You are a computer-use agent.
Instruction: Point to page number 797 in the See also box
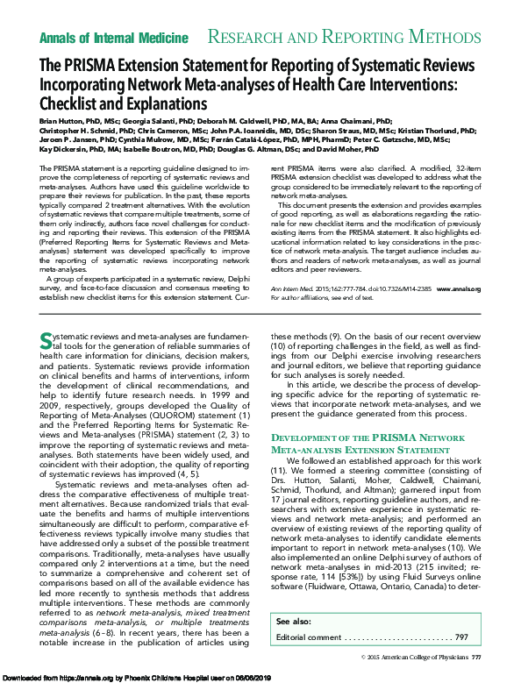coord(461,637)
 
